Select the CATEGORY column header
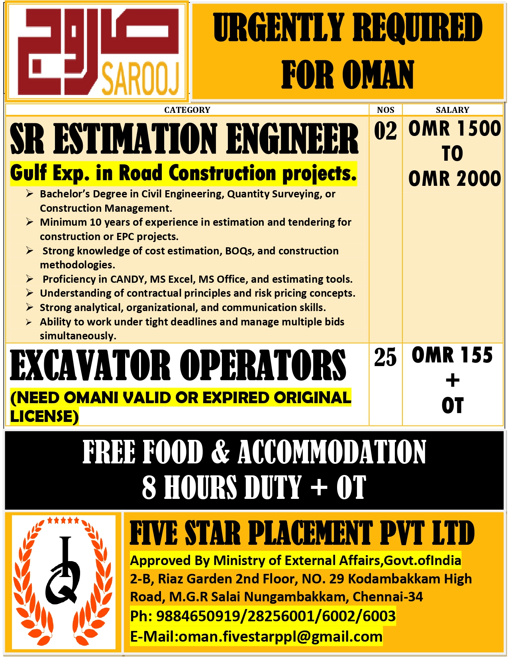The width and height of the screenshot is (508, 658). [x=187, y=110]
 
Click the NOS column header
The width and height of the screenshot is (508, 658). [x=385, y=110]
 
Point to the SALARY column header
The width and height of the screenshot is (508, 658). [x=452, y=110]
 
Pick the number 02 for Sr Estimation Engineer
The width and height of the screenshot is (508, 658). [x=385, y=131]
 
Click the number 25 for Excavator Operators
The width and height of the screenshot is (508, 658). [x=385, y=357]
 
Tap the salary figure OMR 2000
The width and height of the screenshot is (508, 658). [x=454, y=179]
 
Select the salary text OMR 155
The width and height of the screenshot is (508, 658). [x=452, y=355]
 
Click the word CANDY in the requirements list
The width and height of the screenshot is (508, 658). [x=127, y=279]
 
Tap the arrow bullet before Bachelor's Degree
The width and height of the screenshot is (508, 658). [x=29, y=194]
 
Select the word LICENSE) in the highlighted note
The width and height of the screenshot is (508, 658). [x=44, y=416]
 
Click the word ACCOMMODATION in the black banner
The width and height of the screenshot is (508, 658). [x=332, y=452]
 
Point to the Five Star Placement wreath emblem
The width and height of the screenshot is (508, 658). [x=64, y=582]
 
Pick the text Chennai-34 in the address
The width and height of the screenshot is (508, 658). [x=387, y=597]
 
